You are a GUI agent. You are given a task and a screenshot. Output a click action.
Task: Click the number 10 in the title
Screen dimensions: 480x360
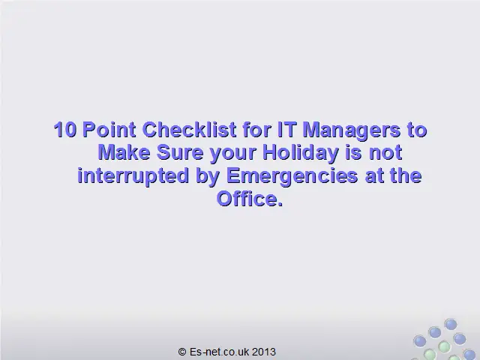tap(65, 130)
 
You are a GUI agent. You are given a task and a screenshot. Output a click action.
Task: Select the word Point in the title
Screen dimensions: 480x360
tap(109, 130)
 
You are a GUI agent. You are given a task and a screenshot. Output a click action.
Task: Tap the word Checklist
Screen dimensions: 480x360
tap(189, 129)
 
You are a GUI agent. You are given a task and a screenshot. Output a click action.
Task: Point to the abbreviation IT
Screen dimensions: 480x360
tap(286, 129)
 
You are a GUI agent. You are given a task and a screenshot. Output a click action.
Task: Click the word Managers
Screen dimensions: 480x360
tap(351, 130)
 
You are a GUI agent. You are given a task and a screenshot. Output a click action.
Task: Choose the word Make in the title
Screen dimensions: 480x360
tap(124, 152)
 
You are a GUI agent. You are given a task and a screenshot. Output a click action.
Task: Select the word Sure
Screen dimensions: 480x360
tap(180, 152)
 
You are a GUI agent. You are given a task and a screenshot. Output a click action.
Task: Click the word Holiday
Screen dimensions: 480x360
tap(301, 153)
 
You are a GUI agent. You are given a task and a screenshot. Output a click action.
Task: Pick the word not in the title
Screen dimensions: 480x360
tap(385, 153)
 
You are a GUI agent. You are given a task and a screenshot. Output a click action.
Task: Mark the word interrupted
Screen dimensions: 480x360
tap(133, 176)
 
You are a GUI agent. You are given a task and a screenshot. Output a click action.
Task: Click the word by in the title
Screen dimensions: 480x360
tap(208, 176)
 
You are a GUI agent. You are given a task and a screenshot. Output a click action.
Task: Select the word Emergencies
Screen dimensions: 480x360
tap(292, 176)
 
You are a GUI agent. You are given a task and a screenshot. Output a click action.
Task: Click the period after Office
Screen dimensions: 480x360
tap(280, 203)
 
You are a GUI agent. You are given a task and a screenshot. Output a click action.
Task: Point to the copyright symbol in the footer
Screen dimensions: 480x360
tap(182, 352)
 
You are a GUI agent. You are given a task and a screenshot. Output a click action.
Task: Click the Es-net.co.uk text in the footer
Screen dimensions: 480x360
tap(220, 352)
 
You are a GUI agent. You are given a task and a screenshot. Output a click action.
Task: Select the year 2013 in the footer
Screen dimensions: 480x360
tap(264, 352)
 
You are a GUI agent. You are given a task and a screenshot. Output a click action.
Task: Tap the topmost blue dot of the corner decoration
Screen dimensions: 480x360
tap(451, 324)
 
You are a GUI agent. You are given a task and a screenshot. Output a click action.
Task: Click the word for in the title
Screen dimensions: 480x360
tap(256, 129)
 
